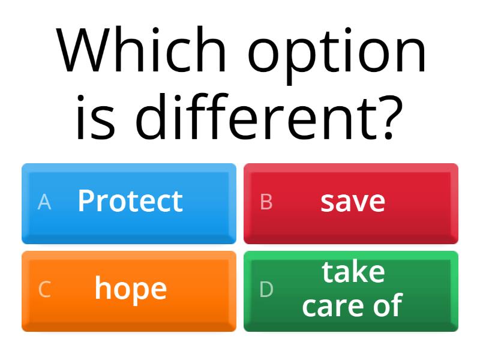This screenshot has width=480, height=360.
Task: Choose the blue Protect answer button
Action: pos(129,203)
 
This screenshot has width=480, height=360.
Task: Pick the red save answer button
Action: pos(351,203)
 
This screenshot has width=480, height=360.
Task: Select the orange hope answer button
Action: pos(129,291)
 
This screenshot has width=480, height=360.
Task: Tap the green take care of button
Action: pos(351,291)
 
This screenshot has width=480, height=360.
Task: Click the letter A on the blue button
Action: pos(44,203)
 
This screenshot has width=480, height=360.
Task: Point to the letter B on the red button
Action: pos(266,203)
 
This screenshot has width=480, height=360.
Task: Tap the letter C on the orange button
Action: pos(44,290)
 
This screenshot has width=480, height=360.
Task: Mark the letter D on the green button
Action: pos(266,290)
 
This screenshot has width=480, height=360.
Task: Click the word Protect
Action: pos(130,201)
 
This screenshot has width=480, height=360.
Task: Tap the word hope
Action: pos(130,290)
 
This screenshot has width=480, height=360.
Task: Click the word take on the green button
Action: pos(353,273)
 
